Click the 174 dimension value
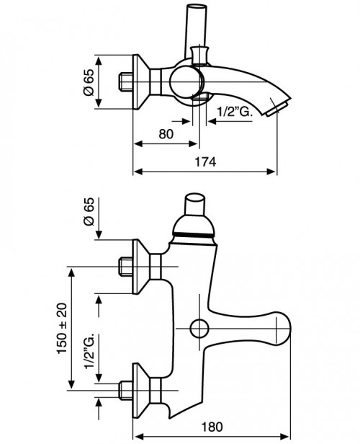pyautogui.click(x=205, y=161)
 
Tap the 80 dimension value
pyautogui.click(x=166, y=134)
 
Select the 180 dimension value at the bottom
pyautogui.click(x=212, y=427)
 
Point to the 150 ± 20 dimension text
pyautogui.click(x=62, y=328)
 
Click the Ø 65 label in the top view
pyautogui.click(x=89, y=82)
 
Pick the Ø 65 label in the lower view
pyautogui.click(x=89, y=211)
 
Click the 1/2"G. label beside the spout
pyautogui.click(x=235, y=112)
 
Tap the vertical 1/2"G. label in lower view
pyautogui.click(x=89, y=351)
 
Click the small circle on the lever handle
pyautogui.click(x=199, y=329)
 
